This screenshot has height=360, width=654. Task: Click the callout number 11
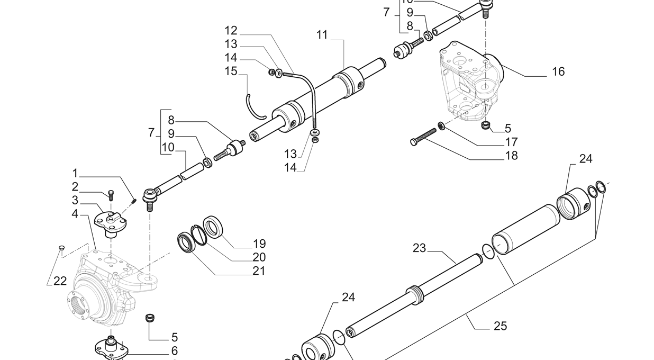point(322,35)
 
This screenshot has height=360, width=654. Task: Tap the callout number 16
point(558,71)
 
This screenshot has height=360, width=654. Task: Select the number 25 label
point(500,326)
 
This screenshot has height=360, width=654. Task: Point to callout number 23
point(419,248)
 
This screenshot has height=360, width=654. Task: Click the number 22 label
point(60,281)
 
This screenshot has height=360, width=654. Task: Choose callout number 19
point(259,244)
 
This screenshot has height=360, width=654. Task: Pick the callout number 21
point(259,271)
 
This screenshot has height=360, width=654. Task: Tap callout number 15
point(231,71)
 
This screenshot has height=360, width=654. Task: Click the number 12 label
point(231,31)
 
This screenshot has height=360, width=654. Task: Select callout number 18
point(511,156)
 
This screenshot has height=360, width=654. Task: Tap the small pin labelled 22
point(61,247)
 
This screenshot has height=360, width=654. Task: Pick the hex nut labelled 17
point(440,126)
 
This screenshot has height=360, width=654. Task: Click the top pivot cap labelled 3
point(110,222)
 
